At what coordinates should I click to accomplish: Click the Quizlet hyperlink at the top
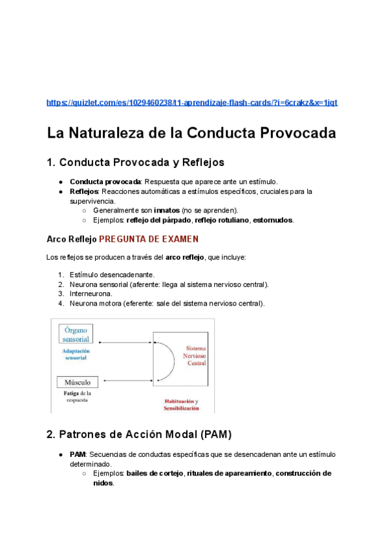pyautogui.click(x=192, y=103)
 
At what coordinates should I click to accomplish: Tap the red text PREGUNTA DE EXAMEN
pyautogui.click(x=149, y=239)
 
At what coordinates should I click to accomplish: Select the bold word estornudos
pyautogui.click(x=273, y=220)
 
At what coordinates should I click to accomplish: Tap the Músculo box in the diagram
pyautogui.click(x=78, y=382)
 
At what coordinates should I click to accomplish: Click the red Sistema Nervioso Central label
pyautogui.click(x=196, y=355)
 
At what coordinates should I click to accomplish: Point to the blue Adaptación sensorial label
pyautogui.click(x=75, y=354)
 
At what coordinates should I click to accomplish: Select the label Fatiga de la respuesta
pyautogui.click(x=77, y=396)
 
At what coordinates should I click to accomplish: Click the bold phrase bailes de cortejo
pyautogui.click(x=155, y=473)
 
